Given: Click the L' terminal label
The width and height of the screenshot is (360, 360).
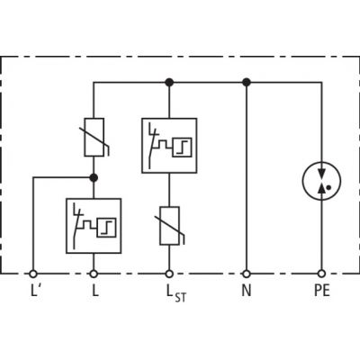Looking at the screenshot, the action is click(x=35, y=291).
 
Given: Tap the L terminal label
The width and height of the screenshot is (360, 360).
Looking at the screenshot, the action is click(x=95, y=291).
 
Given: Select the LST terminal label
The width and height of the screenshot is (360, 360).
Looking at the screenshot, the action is click(x=176, y=292).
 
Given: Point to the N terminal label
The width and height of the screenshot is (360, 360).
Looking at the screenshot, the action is click(x=247, y=291).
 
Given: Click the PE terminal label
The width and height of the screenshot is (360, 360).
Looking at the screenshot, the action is click(x=322, y=291).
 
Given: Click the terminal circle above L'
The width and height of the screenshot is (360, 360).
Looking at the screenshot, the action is click(x=33, y=274).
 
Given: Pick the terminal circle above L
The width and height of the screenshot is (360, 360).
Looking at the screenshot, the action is click(x=94, y=274).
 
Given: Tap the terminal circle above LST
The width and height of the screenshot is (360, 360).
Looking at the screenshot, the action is click(x=169, y=274).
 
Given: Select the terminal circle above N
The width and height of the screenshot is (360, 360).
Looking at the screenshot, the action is click(x=247, y=274).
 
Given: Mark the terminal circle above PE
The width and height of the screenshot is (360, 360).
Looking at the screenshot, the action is click(x=322, y=274).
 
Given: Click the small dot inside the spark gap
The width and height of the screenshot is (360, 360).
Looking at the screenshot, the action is click(x=329, y=188).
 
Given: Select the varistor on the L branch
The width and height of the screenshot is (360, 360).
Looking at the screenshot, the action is click(x=94, y=137).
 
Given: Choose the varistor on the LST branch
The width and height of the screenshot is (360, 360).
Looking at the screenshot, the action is click(x=170, y=226).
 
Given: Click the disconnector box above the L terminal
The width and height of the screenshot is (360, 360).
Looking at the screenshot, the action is click(x=94, y=226).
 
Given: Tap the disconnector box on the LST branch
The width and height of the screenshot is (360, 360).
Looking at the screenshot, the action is click(x=169, y=146).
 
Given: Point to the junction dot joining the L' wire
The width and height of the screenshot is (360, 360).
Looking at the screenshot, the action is click(x=94, y=178).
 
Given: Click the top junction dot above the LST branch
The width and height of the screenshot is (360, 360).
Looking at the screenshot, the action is click(x=169, y=82).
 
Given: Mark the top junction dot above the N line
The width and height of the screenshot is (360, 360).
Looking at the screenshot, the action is click(x=247, y=82).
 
